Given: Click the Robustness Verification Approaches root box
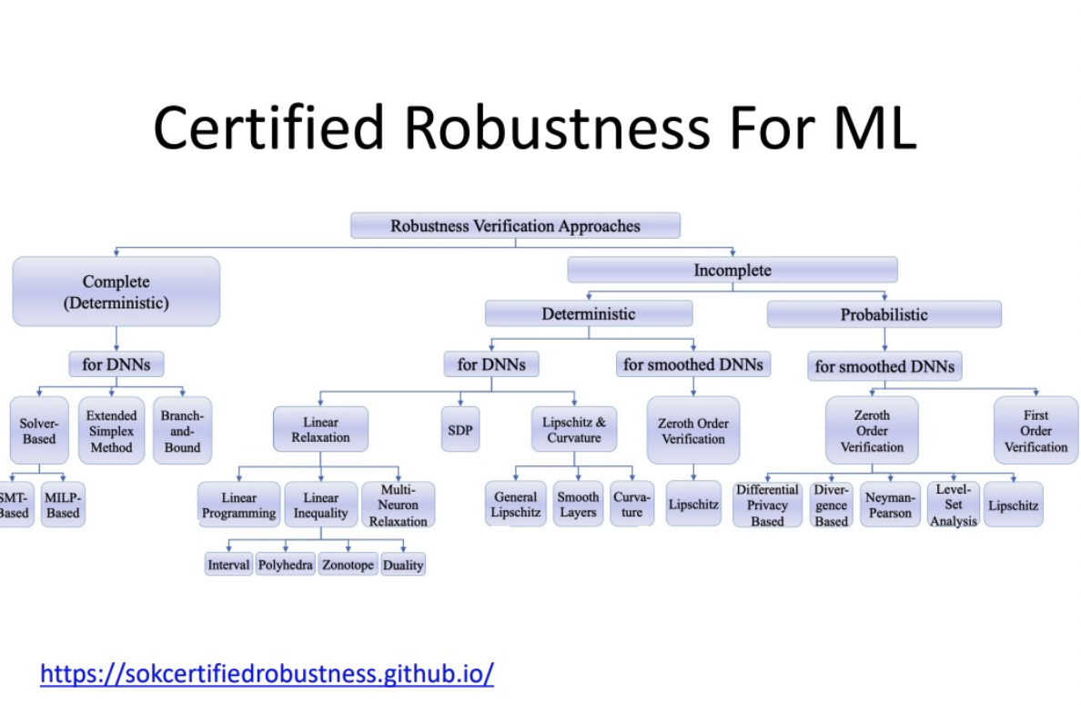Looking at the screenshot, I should (515, 226).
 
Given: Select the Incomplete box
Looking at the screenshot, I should (732, 271).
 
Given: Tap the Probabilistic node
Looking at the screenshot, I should (884, 315).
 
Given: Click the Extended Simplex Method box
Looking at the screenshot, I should (111, 431).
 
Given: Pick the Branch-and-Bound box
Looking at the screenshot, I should (182, 431).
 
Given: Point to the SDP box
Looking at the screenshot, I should (460, 430).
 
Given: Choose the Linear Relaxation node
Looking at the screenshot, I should (320, 430).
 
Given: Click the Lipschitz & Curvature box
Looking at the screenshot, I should (573, 430).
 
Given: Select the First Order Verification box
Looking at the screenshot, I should (1036, 431).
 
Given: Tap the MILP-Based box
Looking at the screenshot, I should (63, 506).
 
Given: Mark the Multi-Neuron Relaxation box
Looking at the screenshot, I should (398, 506).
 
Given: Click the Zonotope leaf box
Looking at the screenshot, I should (348, 565).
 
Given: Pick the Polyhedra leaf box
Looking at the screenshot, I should (285, 565).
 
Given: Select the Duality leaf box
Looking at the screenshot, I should (402, 565).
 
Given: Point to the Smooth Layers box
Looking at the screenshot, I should (578, 505).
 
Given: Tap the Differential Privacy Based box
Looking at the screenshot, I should (767, 506).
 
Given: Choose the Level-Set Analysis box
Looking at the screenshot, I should (953, 506).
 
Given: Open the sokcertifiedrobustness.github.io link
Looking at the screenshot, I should (267, 674).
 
